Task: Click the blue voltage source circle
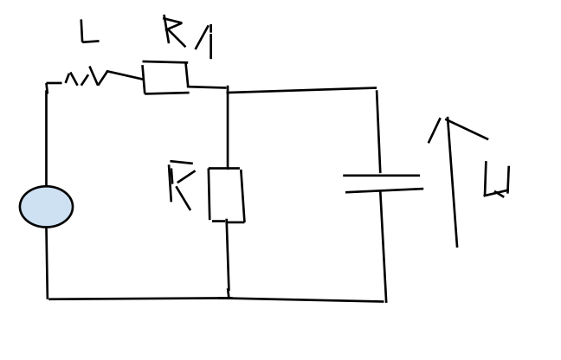coord(46,207)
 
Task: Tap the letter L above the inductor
coord(87,33)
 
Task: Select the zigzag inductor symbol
coord(85,78)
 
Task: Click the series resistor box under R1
coord(165,77)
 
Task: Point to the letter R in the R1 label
coord(173,31)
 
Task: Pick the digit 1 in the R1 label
coord(205,40)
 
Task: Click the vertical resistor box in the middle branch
coord(225,195)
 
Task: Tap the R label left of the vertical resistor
coord(180,187)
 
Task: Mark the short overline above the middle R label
coord(181,162)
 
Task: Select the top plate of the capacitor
coord(381,176)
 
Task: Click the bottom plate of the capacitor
coord(384,190)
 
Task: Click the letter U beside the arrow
coord(496,180)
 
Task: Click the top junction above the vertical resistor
coord(228,89)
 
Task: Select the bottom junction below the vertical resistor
coord(229,298)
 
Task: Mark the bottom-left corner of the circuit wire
coord(48,299)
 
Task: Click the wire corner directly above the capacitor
coord(377,88)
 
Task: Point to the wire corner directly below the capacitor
coord(385,301)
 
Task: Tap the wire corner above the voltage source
coord(47,84)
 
